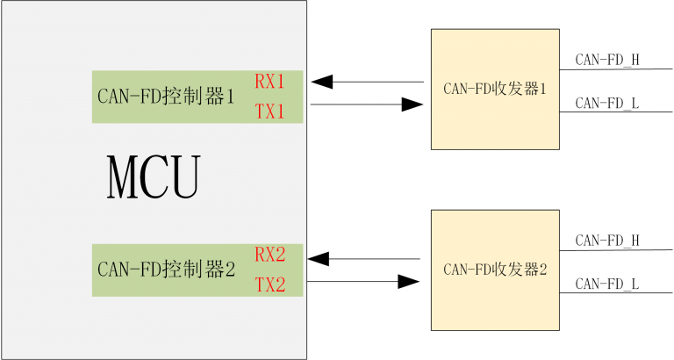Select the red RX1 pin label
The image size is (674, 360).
click(270, 82)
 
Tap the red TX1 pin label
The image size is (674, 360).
click(270, 111)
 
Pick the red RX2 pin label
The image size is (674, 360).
click(270, 256)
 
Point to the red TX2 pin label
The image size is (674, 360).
click(270, 285)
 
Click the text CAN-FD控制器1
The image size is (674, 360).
click(166, 97)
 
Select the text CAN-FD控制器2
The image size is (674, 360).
click(166, 270)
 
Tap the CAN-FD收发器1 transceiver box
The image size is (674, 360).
click(495, 89)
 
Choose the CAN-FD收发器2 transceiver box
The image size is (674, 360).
click(495, 270)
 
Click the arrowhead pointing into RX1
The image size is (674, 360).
click(321, 83)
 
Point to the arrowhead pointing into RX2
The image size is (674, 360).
click(318, 259)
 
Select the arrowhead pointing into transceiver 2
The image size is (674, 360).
click(408, 282)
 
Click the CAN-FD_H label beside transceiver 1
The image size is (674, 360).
click(607, 60)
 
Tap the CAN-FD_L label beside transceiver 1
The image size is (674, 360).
click(607, 103)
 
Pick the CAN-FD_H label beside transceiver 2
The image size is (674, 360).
click(607, 240)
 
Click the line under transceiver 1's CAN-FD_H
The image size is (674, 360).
click(614, 69)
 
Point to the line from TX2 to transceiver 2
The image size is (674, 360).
click(351, 282)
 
